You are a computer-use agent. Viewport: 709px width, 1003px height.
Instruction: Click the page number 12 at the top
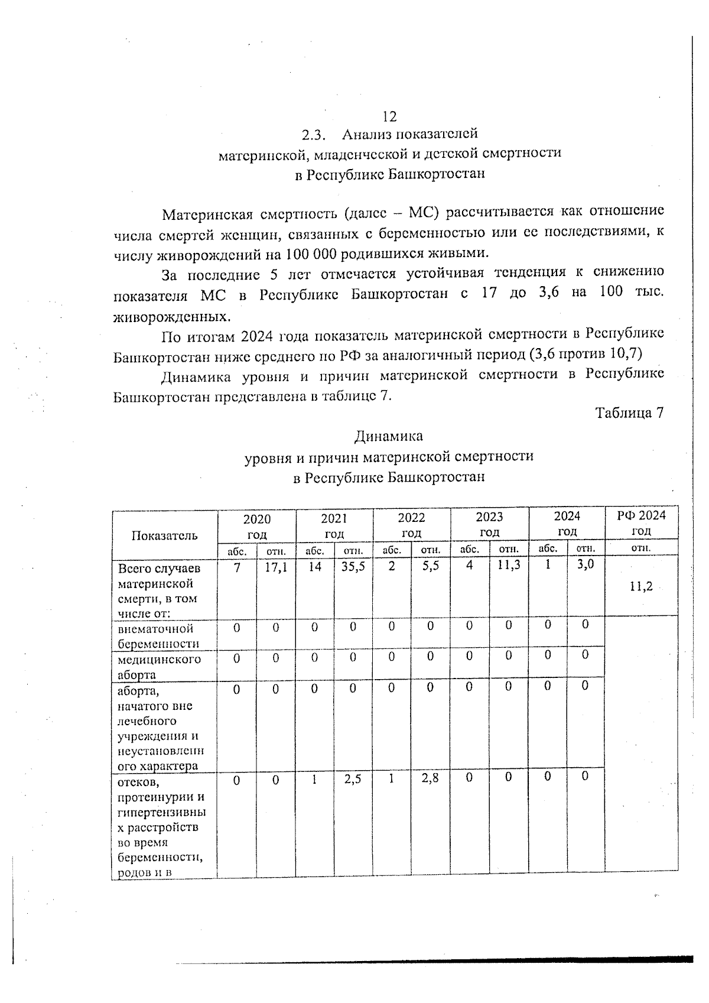point(389,116)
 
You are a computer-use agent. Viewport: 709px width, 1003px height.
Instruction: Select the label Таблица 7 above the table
point(629,413)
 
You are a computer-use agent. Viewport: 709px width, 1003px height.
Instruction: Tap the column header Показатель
point(164,535)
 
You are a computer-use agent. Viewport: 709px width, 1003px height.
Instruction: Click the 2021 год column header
point(334,525)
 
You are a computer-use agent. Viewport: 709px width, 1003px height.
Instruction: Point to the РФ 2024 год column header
point(641,522)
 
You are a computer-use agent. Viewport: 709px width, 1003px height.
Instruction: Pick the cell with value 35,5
point(353,566)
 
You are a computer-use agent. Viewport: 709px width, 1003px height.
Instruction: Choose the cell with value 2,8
point(430,780)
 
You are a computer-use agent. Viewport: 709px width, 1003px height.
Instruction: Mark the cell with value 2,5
point(353,780)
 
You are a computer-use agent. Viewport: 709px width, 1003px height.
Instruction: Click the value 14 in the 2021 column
point(315,566)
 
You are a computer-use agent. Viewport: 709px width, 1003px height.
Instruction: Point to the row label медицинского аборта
point(159,667)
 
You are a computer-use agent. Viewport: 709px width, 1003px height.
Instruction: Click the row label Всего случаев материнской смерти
point(160,590)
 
